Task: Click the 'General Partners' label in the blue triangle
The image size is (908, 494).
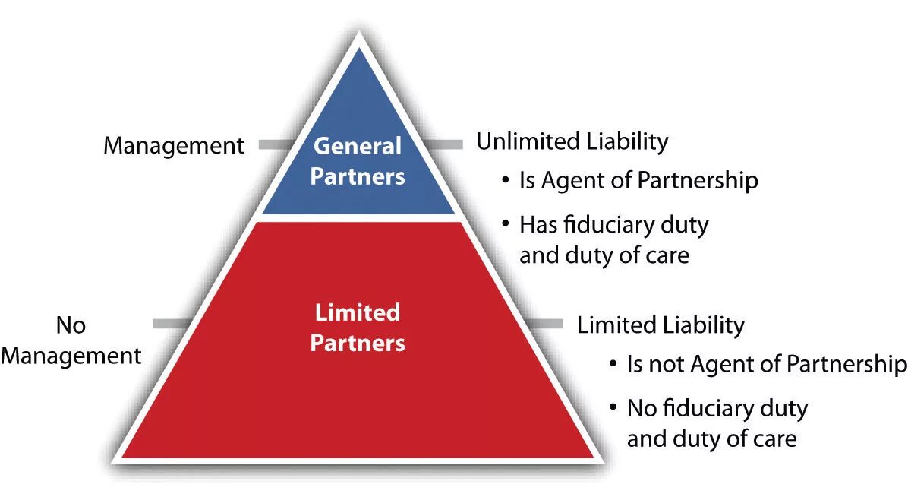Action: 358,160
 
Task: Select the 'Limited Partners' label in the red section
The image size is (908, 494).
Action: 358,328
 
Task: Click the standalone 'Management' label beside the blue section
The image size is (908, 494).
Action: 174,145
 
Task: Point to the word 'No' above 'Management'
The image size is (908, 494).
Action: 71,325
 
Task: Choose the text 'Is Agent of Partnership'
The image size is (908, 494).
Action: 638,181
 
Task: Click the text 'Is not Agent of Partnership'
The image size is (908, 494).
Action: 766,364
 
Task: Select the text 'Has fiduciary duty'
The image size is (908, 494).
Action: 613,225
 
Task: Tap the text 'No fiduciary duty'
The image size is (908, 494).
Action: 717,408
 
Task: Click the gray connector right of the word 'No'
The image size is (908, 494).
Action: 170,324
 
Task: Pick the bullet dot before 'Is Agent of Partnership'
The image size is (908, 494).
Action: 505,182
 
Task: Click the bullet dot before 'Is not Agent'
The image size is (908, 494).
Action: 613,365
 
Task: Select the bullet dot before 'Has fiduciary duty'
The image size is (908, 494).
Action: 505,226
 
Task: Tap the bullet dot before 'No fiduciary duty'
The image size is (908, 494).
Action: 613,409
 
